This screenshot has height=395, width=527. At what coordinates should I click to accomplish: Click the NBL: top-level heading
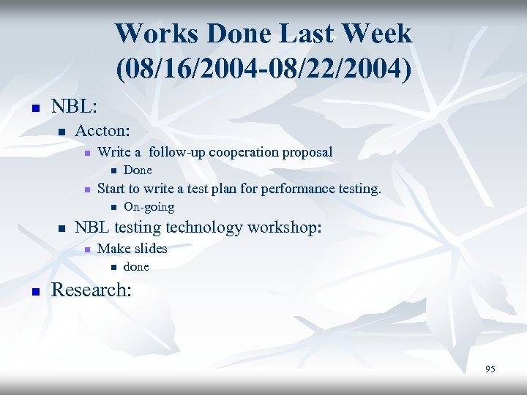pos(74,106)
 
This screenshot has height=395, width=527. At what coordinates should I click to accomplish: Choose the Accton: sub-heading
pos(103,131)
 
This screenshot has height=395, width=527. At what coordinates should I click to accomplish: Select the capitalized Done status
pos(138,170)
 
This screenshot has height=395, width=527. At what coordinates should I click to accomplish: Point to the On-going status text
pos(149,207)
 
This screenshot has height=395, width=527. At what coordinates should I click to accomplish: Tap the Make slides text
pos(132,249)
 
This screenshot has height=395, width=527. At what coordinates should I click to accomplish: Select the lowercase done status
pos(136,267)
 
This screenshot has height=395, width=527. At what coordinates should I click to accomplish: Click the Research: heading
pos(91,290)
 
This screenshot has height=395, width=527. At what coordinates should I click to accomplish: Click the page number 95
pos(490,369)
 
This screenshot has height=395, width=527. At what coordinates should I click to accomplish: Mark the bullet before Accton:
pos(61,132)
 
